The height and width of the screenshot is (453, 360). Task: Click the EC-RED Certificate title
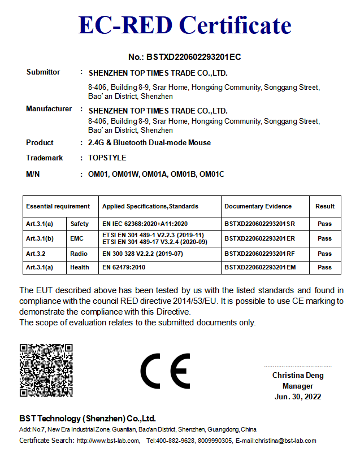pyautogui.click(x=185, y=26)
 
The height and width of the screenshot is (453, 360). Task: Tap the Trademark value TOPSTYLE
pyautogui.click(x=107, y=158)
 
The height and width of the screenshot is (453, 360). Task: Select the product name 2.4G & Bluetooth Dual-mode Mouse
pyautogui.click(x=150, y=143)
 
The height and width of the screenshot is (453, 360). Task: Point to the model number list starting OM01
pyautogui.click(x=157, y=174)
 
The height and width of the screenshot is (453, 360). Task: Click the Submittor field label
pyautogui.click(x=43, y=72)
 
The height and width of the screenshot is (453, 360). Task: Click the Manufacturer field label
pyautogui.click(x=49, y=109)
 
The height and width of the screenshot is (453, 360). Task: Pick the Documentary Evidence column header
pyautogui.click(x=258, y=207)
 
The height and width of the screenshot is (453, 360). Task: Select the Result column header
pyautogui.click(x=325, y=207)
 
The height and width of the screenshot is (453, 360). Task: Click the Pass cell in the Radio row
pyautogui.click(x=325, y=254)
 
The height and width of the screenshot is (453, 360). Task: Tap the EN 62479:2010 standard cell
pyautogui.click(x=124, y=267)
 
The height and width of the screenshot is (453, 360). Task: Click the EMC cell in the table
pyautogui.click(x=77, y=239)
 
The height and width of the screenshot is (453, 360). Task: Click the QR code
pyautogui.click(x=46, y=369)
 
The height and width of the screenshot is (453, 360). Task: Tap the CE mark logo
pyautogui.click(x=165, y=371)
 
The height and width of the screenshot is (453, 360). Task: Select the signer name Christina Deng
pyautogui.click(x=297, y=375)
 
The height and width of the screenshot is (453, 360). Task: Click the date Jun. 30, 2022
pyautogui.click(x=297, y=397)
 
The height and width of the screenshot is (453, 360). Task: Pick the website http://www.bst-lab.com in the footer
pyautogui.click(x=109, y=441)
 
